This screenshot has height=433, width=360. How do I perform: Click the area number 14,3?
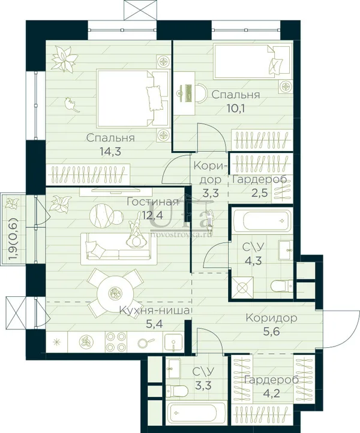coord(111,152)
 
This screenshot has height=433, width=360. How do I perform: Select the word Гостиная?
coord(152,202)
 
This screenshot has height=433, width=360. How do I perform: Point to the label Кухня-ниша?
coord(155,311)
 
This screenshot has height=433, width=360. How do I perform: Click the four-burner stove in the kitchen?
coord(116,342)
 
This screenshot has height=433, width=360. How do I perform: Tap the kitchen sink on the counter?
coord(173,342)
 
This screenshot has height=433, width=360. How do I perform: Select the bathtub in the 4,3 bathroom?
coord(262,221)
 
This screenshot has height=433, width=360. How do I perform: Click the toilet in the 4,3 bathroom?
coord(282,286)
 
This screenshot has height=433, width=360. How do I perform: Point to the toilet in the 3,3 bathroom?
coord(177,390)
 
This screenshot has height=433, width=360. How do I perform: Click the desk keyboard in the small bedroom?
coord(188,93)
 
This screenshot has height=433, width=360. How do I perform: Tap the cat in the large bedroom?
coord(71,105)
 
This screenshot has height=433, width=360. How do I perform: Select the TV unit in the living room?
coord(115,192)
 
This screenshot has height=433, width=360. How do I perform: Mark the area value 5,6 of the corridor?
coord(271,330)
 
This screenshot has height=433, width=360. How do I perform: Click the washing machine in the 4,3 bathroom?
coord(242,287)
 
